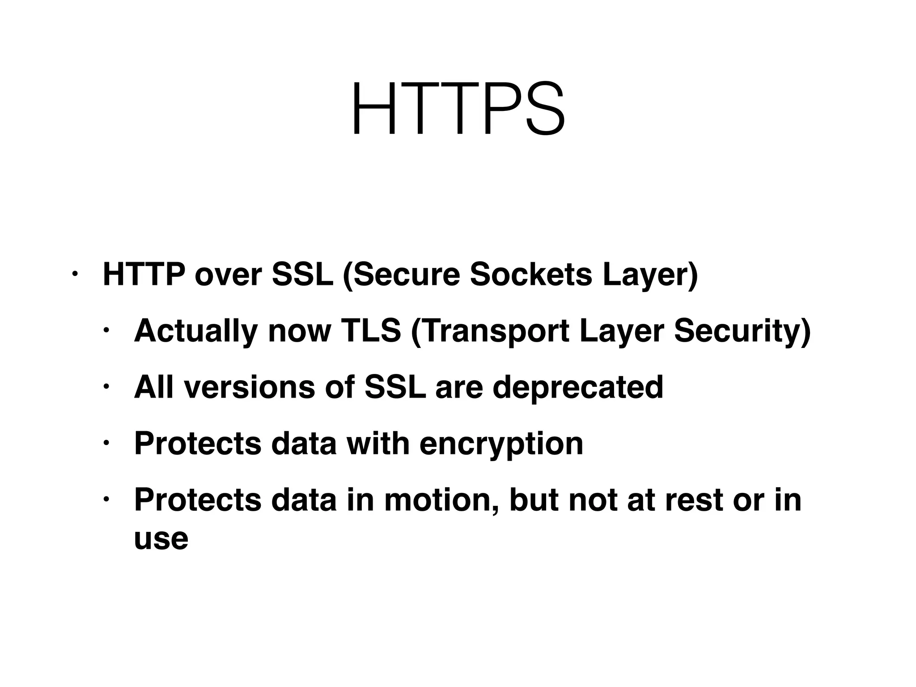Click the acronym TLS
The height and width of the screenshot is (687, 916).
(371, 331)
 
